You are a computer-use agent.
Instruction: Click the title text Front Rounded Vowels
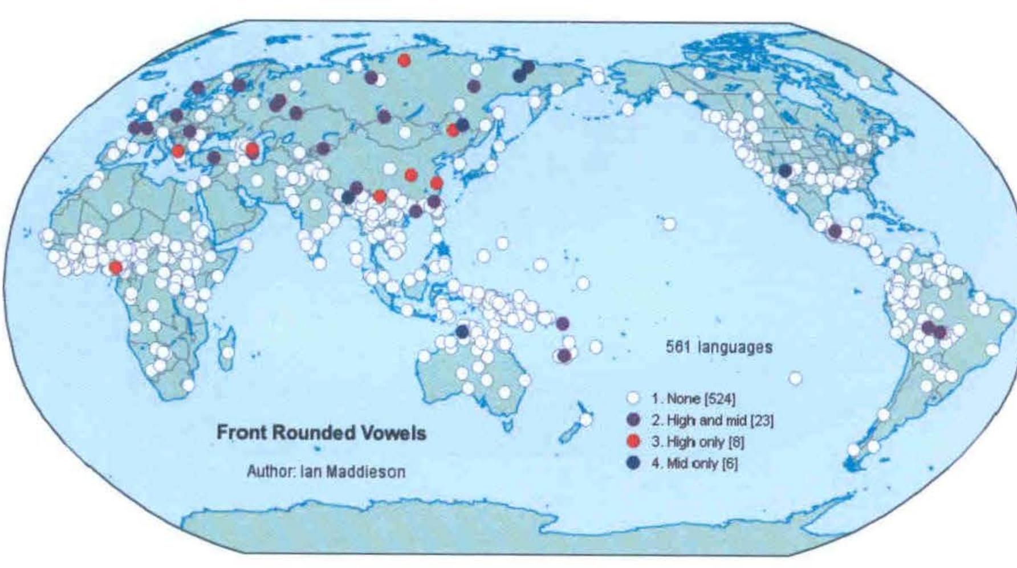[x=321, y=433]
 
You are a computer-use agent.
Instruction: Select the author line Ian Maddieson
[x=326, y=472]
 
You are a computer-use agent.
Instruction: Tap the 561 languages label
[x=719, y=347]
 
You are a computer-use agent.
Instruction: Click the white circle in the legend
[x=633, y=398]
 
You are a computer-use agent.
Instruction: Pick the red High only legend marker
[x=633, y=442]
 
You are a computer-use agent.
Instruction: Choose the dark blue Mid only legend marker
[x=633, y=463]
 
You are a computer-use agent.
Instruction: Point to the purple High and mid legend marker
[x=633, y=420]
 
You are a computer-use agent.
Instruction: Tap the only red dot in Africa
[x=116, y=267]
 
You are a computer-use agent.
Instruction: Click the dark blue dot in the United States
[x=785, y=170]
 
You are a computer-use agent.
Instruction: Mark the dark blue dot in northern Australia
[x=462, y=331]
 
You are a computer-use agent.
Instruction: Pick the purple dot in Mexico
[x=835, y=231]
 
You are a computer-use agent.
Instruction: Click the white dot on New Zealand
[x=586, y=420]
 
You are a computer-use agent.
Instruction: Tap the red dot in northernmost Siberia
[x=404, y=60]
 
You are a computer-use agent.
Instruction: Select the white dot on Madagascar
[x=227, y=353]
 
